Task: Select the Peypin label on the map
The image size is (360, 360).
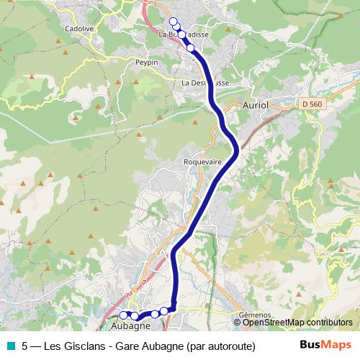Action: click(x=146, y=63)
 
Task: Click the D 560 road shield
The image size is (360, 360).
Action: click(x=311, y=104)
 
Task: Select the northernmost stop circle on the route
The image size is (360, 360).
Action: click(x=173, y=21)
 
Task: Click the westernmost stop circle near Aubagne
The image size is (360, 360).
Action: click(x=123, y=315)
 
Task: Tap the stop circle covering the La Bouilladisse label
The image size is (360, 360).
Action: click(x=181, y=35)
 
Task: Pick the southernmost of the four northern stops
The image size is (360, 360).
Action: click(x=191, y=48)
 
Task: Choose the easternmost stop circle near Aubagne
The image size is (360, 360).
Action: click(x=164, y=311)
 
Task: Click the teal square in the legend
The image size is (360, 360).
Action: click(x=10, y=346)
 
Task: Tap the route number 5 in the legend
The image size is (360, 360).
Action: click(x=25, y=346)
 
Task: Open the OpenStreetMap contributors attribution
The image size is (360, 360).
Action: click(x=297, y=322)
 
